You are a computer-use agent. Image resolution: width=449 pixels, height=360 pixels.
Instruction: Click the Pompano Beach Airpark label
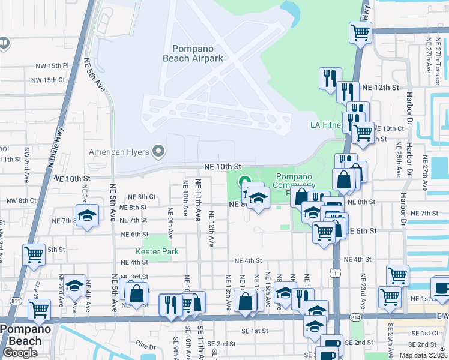point(193,53)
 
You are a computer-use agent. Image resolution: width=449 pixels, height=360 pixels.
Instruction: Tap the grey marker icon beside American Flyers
point(158,151)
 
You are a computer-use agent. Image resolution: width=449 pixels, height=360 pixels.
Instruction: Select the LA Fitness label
point(327,125)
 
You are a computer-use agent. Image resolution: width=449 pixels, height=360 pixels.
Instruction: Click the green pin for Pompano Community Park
point(245,181)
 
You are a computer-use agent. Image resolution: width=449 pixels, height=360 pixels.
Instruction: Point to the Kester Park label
point(155,251)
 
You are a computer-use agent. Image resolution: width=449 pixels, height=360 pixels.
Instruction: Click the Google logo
point(20,353)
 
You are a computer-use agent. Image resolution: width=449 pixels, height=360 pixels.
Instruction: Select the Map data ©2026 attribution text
point(424,355)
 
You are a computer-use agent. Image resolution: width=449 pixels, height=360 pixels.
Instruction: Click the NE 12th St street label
point(381,88)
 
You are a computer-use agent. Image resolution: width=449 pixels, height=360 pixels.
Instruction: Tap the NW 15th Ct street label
point(47,80)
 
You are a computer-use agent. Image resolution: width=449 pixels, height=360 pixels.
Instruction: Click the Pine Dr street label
point(145,345)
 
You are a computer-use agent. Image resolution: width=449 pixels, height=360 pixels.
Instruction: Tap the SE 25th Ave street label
point(391,340)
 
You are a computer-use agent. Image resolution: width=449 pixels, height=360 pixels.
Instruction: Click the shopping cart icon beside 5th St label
point(34,254)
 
